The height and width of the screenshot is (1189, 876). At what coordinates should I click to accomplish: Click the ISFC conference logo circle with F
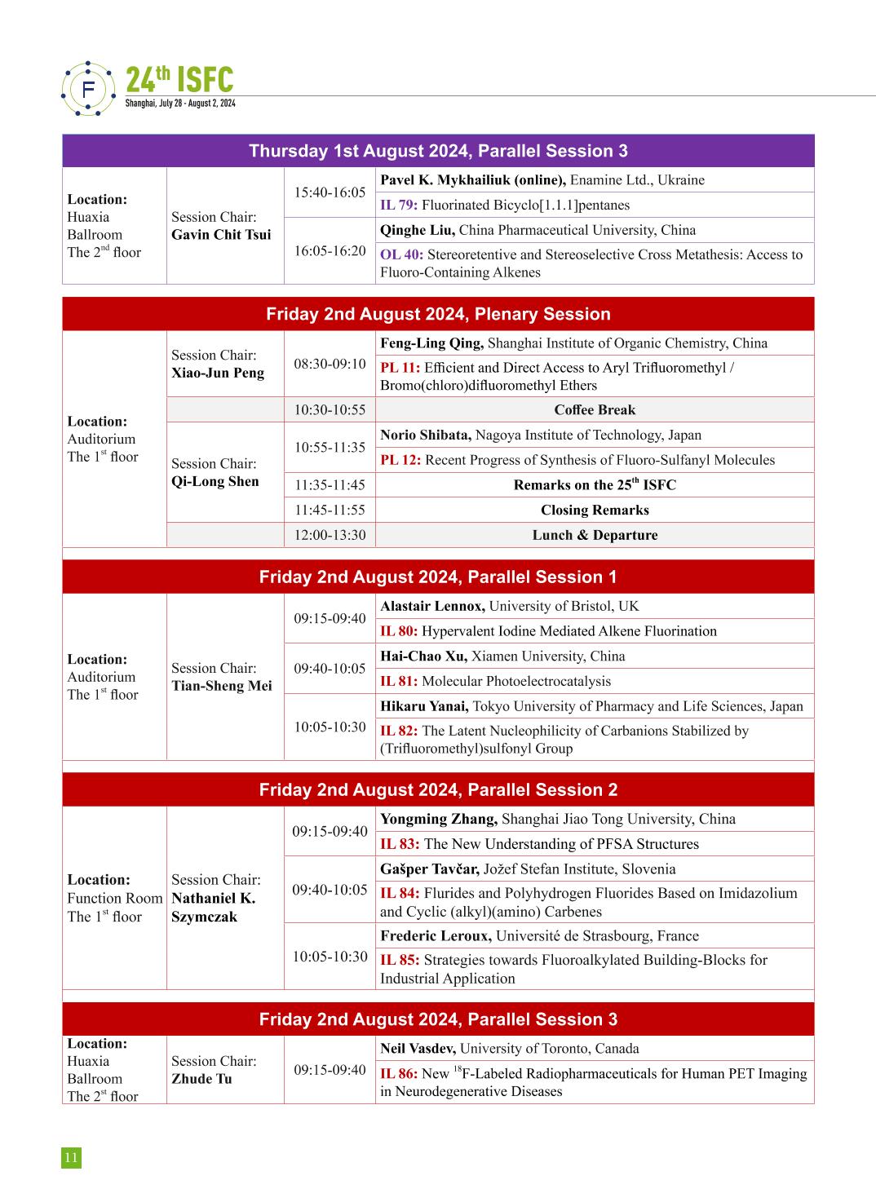pos(89,88)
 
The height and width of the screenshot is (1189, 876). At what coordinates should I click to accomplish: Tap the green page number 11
pos(71,1157)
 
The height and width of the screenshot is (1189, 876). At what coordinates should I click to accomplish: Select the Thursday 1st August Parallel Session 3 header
pos(438,151)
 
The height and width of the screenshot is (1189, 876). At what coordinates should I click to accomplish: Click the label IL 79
pos(399,206)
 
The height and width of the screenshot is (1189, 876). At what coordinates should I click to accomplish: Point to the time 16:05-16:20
pos(330,251)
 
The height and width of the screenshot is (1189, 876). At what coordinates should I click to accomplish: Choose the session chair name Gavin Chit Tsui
pos(221,235)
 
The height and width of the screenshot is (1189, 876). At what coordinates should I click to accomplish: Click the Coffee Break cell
pos(594,410)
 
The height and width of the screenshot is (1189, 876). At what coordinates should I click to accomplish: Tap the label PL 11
pos(400,368)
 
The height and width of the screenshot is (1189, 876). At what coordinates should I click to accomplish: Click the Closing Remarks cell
pos(594,511)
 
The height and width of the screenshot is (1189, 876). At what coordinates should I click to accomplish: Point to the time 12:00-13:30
pos(330,536)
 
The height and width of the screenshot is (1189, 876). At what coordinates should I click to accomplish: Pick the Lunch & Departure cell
pos(594,536)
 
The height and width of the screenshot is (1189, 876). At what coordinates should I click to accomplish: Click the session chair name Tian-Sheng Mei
pos(221,686)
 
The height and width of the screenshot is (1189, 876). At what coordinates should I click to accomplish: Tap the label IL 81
pos(399,682)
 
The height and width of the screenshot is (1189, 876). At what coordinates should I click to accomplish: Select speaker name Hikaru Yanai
pos(424,706)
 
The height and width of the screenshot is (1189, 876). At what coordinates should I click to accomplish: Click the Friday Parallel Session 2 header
pos(438,790)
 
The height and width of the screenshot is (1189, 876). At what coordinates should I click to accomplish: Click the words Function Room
pos(115,899)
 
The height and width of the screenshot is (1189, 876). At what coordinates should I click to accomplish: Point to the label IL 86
pos(399,1074)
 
